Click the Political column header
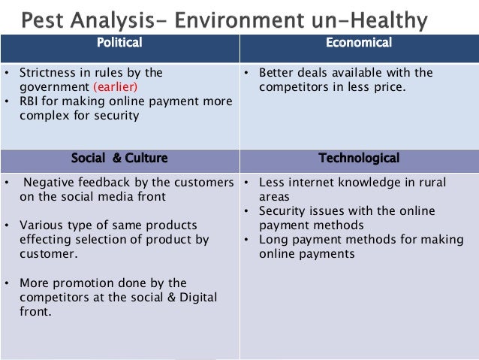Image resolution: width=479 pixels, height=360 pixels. pos(119,43)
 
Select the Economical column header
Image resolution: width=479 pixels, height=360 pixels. pos(359,43)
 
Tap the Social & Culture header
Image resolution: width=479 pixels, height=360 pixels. pos(119,159)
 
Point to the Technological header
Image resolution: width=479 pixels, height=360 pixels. pos(359,159)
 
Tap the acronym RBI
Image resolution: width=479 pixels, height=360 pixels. pos(31,101)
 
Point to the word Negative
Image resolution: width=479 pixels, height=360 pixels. pos(51,183)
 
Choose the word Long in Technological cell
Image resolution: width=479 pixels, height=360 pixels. pos(273,240)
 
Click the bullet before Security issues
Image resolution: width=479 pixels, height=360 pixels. pos(248,211)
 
